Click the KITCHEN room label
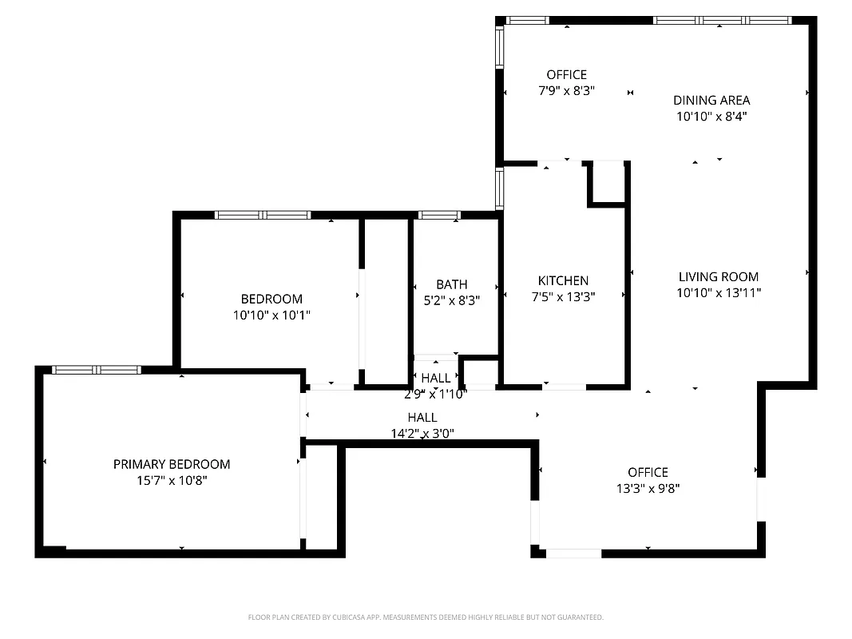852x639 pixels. click(563, 280)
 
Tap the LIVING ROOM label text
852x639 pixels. click(718, 277)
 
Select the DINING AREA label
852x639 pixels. click(711, 100)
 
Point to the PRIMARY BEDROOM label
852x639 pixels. click(172, 464)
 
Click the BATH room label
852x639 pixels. click(451, 284)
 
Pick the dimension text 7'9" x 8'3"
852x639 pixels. click(566, 91)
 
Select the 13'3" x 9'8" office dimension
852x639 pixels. click(648, 488)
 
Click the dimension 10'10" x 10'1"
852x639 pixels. click(271, 316)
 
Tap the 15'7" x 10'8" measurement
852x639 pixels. click(172, 481)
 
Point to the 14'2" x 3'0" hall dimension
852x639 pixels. click(422, 434)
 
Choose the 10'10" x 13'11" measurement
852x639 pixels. click(718, 293)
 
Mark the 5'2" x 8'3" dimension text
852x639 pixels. click(451, 300)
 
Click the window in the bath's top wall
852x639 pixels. click(439, 215)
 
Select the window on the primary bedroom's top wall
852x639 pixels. click(96, 370)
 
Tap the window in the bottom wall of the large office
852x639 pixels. click(573, 553)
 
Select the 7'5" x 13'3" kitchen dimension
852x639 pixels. click(563, 296)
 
